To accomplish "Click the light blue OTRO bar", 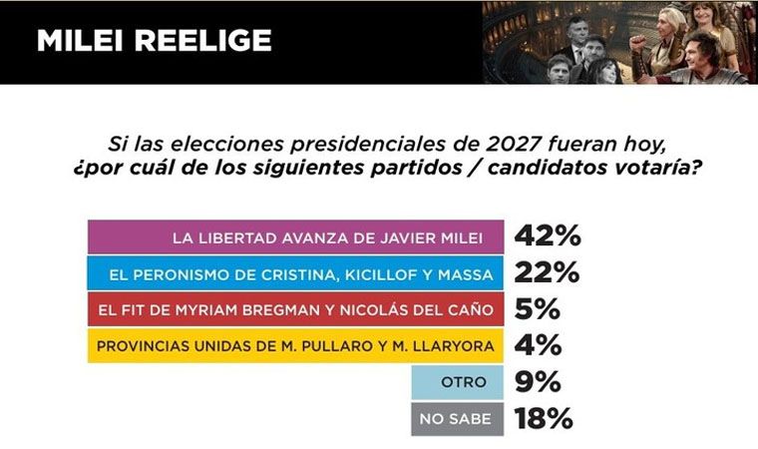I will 459,382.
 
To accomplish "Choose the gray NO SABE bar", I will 459,419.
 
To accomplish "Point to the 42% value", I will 547,237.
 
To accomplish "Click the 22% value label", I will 547,273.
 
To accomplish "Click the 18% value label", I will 547,419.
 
